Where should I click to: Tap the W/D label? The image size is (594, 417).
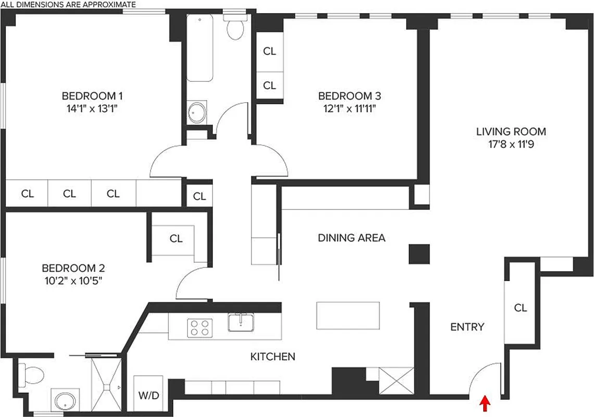click(x=148, y=396)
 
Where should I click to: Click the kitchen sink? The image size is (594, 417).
click(x=242, y=322)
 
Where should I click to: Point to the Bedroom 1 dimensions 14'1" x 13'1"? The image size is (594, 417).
click(x=92, y=108)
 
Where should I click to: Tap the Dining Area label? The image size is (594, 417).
click(x=351, y=238)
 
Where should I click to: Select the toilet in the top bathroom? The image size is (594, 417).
click(x=235, y=26)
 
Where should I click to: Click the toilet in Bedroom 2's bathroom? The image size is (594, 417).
click(x=32, y=374)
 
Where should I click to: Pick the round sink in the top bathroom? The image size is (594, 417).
click(x=197, y=113)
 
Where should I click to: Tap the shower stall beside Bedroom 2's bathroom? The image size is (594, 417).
click(x=106, y=385)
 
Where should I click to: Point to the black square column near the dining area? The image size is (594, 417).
click(x=419, y=254)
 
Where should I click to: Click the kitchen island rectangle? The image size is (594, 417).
click(x=348, y=315)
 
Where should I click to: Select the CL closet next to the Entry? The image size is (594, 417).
click(x=520, y=308)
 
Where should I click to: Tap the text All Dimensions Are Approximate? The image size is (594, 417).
click(x=68, y=4)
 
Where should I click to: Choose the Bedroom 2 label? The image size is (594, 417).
click(x=73, y=268)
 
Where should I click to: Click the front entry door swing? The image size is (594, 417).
click(x=484, y=378)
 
